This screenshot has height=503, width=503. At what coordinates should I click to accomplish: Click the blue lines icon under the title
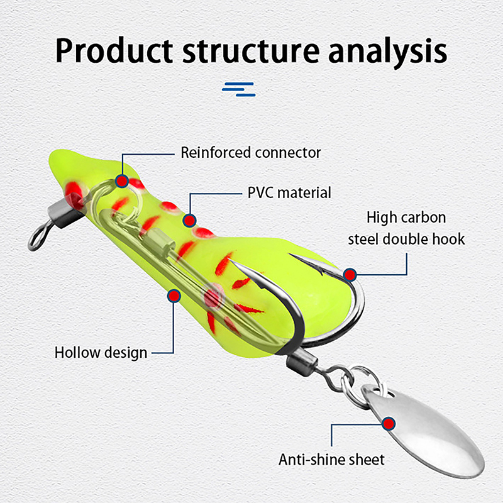pyautogui.click(x=238, y=89)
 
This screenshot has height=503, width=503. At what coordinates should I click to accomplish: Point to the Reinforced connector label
pyautogui.click(x=250, y=152)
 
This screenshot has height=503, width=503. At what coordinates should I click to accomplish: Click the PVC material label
pyautogui.click(x=289, y=192)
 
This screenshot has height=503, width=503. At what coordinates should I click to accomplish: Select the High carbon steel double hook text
pyautogui.click(x=406, y=228)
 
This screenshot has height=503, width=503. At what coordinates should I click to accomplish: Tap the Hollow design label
pyautogui.click(x=101, y=352)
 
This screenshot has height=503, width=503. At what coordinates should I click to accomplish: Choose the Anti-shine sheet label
pyautogui.click(x=331, y=460)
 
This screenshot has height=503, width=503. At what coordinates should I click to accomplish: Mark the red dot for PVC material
pyautogui.click(x=189, y=220)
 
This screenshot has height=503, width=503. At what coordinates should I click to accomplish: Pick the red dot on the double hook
pyautogui.click(x=350, y=274)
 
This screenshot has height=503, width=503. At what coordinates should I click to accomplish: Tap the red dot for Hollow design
pyautogui.click(x=172, y=294)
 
